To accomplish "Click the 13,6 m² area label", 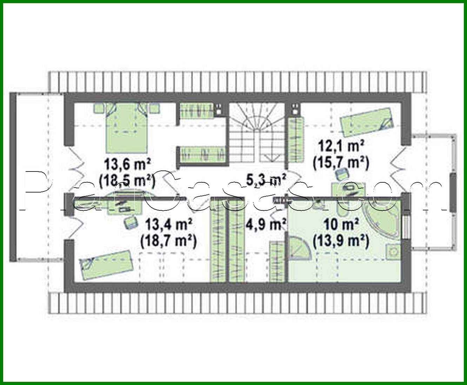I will (x=127, y=164).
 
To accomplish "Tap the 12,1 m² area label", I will (x=340, y=146).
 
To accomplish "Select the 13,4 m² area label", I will (x=168, y=224).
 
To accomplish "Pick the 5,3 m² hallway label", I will (x=266, y=180).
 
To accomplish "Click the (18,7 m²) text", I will (x=168, y=241).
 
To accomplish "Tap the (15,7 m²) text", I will (x=340, y=163).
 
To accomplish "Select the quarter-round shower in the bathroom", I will (x=298, y=247).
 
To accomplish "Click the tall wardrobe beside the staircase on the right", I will (x=295, y=139).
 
